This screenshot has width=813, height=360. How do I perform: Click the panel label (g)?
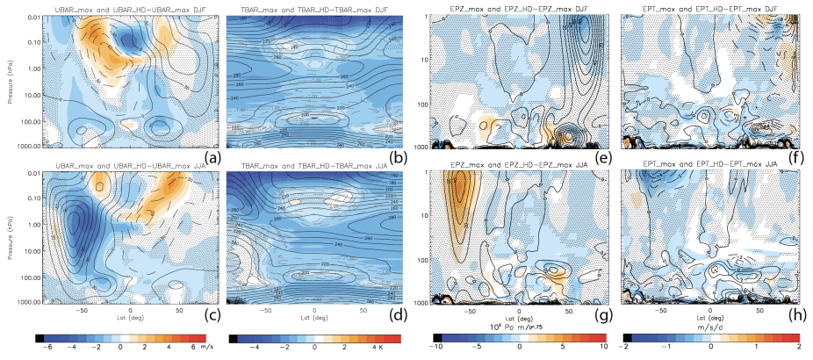pos(604,312)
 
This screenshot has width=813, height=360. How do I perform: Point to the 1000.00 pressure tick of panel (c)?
pos(21,302)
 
